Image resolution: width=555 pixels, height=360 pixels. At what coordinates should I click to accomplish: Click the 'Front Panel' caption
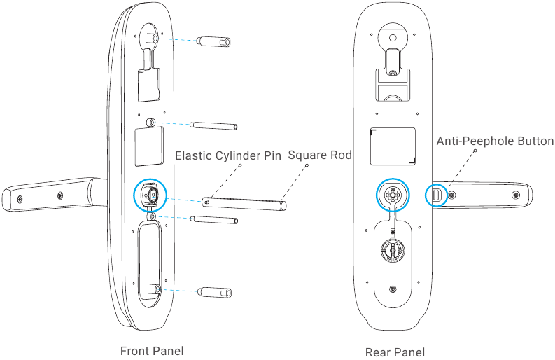point(152,351)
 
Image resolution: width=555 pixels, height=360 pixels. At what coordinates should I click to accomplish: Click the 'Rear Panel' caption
point(395,352)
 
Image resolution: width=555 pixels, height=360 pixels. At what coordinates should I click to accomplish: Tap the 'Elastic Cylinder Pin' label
point(228,155)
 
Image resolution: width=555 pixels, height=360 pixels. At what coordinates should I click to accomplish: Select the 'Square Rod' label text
point(320,155)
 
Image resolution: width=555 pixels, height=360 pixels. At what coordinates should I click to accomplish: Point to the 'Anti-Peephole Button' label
point(495,141)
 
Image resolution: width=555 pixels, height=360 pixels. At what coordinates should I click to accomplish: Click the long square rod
point(244,203)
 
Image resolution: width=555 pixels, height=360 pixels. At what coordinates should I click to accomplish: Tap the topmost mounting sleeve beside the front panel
point(214,41)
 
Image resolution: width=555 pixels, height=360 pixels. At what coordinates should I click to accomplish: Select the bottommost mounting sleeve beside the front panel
point(215,293)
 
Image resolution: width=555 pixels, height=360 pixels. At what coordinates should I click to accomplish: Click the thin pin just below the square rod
point(214,220)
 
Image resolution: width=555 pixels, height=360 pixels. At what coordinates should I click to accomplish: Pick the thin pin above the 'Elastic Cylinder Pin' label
point(213,125)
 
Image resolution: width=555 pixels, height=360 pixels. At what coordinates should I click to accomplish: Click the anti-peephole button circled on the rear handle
point(437,195)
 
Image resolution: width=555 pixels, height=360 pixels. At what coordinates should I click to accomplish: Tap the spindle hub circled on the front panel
point(150,195)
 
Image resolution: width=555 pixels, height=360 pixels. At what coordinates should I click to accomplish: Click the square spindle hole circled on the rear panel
point(392,195)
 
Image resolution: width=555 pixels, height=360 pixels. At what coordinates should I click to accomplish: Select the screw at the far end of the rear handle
point(516,195)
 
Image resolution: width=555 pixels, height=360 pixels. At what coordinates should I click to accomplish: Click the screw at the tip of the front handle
point(20,200)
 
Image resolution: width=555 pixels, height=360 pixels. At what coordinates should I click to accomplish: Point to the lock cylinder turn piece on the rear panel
point(393,250)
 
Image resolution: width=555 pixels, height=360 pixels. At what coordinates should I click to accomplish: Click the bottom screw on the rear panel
point(393,289)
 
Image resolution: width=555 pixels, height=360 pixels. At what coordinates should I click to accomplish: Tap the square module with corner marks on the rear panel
point(393,146)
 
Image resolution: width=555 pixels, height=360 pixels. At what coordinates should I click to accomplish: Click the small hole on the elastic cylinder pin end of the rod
point(207,202)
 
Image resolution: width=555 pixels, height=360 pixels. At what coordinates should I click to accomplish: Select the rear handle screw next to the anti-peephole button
point(452,195)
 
